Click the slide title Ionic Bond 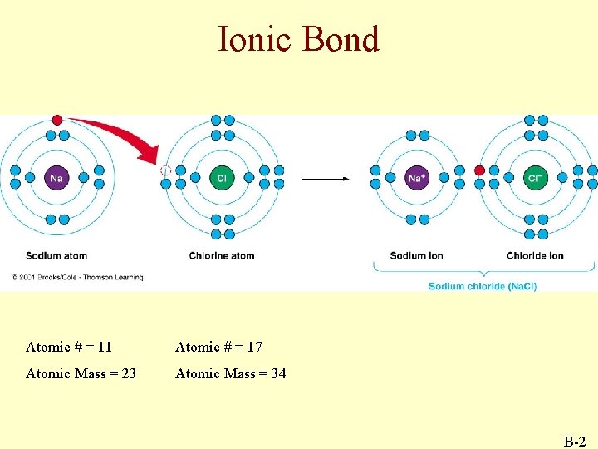click(298, 39)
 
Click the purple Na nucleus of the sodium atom click(56, 177)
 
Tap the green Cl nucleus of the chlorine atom click(222, 177)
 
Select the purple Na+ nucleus click(416, 177)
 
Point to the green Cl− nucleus click(535, 177)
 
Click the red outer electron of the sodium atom click(56, 120)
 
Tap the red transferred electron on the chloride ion click(479, 170)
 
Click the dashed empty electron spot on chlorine click(165, 170)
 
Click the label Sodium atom click(56, 255)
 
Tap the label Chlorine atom click(222, 255)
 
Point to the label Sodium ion click(416, 255)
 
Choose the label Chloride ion click(535, 255)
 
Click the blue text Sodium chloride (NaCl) click(483, 286)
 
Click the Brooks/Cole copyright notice click(77, 277)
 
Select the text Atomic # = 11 click(69, 347)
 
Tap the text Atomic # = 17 click(218, 347)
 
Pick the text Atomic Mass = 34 click(230, 373)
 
